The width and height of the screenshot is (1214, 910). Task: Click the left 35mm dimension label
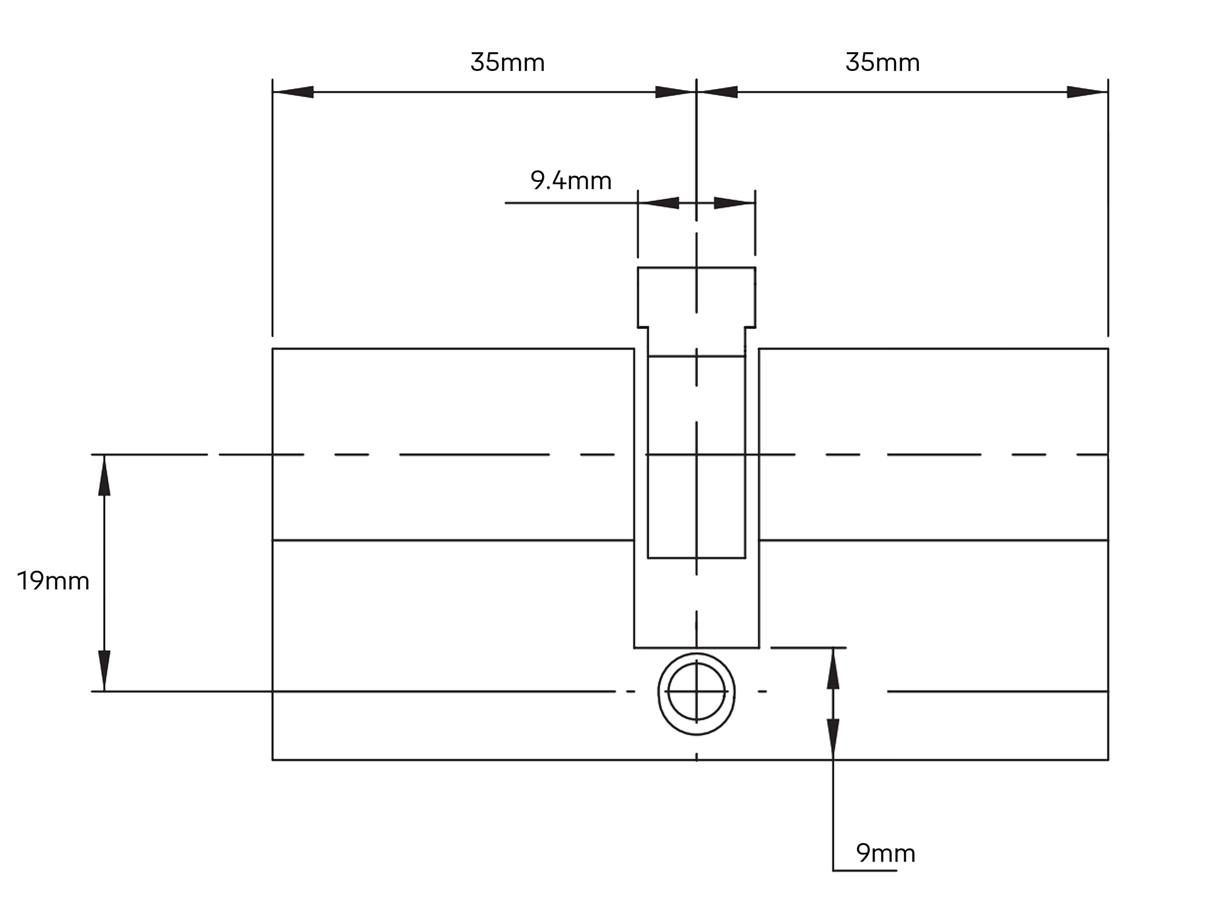pyautogui.click(x=507, y=62)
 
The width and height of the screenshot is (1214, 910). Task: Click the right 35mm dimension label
pyautogui.click(x=883, y=62)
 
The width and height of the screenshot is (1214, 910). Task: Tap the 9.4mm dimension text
pyautogui.click(x=571, y=181)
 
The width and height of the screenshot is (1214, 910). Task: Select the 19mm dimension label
pyautogui.click(x=53, y=581)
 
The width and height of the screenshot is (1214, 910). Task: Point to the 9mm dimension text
pyautogui.click(x=886, y=854)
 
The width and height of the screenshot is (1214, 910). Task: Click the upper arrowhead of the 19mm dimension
pyautogui.click(x=104, y=476)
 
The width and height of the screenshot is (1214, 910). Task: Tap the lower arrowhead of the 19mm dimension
pyautogui.click(x=104, y=670)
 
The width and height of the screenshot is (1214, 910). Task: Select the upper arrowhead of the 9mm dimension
pyautogui.click(x=833, y=669)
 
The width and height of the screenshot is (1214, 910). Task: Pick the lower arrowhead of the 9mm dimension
pyautogui.click(x=833, y=739)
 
